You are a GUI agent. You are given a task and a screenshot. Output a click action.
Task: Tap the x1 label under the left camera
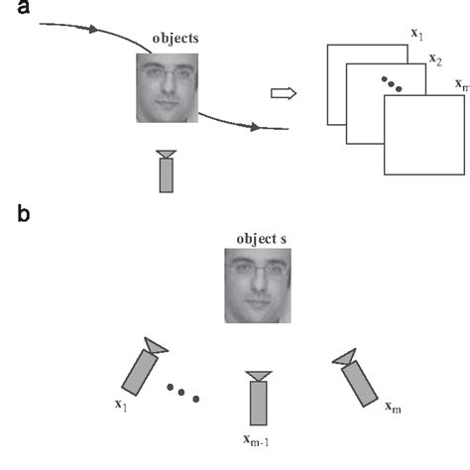tap(121, 405)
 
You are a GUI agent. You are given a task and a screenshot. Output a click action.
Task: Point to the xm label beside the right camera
tap(394, 407)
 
